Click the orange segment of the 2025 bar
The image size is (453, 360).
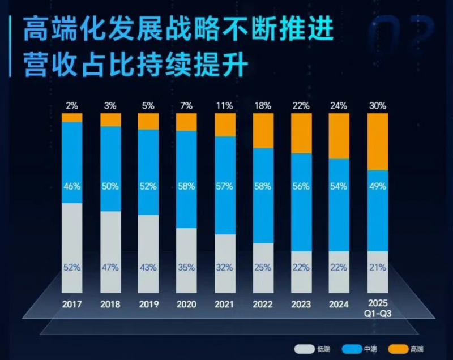(x=378, y=142)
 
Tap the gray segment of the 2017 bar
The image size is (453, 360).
(x=72, y=238)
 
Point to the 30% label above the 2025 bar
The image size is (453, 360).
(x=378, y=105)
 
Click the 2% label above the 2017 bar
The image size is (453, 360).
(x=72, y=105)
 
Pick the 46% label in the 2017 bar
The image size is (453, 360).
(x=72, y=186)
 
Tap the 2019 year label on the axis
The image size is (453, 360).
(x=148, y=304)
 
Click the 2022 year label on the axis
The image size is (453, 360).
(x=263, y=304)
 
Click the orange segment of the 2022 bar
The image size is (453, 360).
(x=263, y=130)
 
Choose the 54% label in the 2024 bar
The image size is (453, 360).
(x=339, y=186)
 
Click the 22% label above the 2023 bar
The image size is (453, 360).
(x=301, y=105)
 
